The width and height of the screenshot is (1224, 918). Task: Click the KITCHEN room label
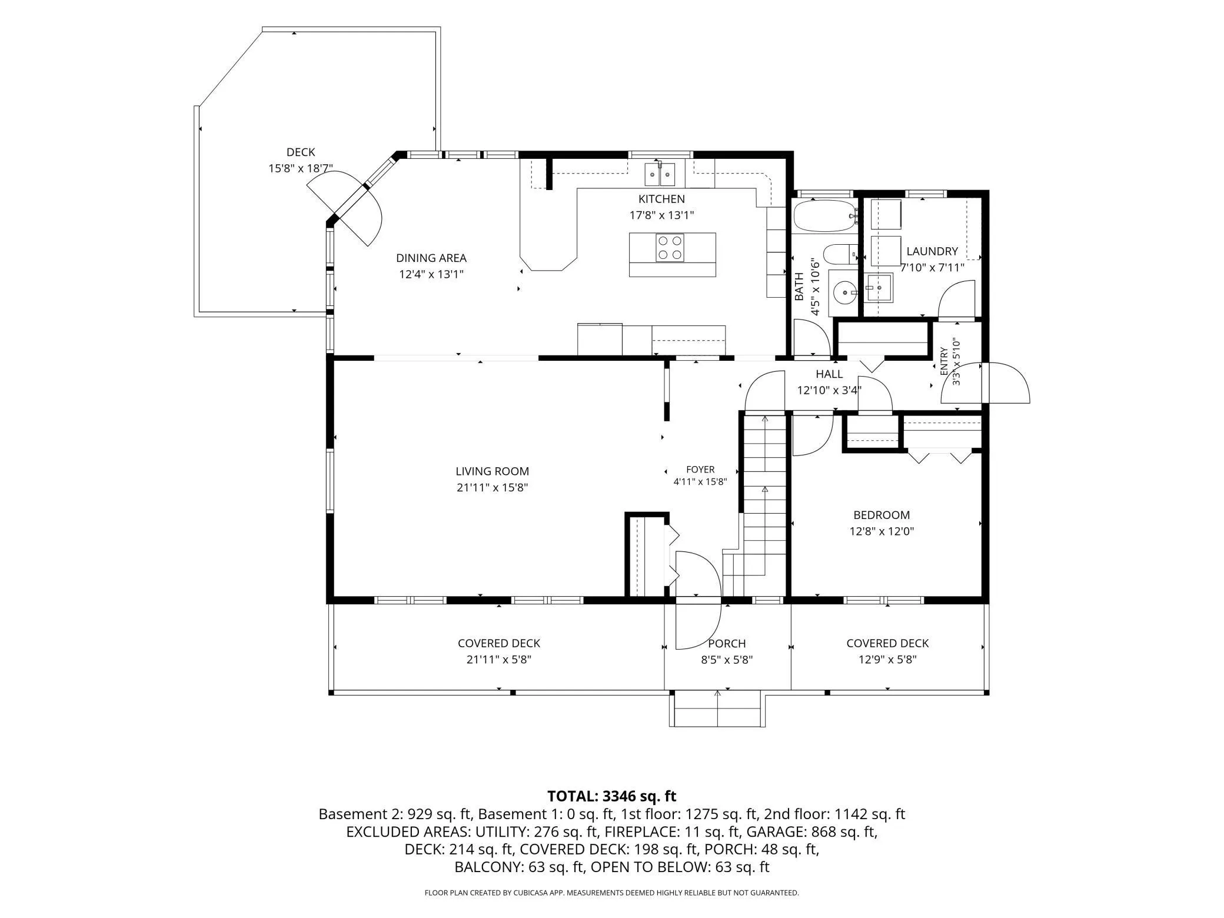(x=661, y=199)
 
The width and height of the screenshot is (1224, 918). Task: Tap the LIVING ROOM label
(x=492, y=471)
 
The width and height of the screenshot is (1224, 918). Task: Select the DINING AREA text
(x=431, y=258)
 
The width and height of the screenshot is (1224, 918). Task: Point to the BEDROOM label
(x=882, y=515)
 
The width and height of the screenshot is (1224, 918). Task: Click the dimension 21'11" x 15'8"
(x=492, y=488)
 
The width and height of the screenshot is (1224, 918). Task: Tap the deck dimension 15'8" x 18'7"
(x=301, y=169)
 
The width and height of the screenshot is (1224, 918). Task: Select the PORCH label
(x=727, y=644)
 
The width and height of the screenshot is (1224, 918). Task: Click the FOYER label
(x=700, y=470)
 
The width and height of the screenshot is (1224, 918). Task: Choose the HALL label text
(x=829, y=374)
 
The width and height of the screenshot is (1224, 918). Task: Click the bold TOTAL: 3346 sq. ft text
(x=612, y=796)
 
